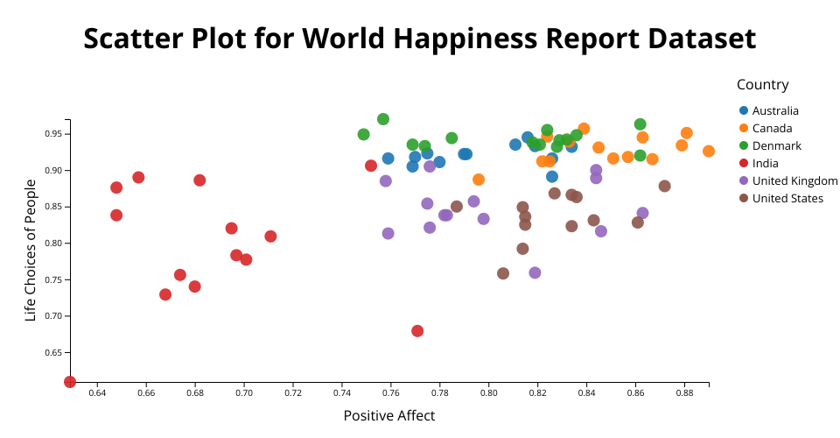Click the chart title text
coord(420,39)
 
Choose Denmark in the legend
coord(776,145)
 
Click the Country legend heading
coord(762,85)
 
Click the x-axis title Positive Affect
coord(389,415)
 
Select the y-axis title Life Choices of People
coord(31,250)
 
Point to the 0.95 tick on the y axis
coord(52,134)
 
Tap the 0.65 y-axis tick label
coord(52,353)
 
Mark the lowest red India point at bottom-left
coord(70,382)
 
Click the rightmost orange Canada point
coord(709,152)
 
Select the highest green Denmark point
coord(383,119)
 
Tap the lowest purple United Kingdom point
coord(535,273)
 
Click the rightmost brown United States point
coord(665,186)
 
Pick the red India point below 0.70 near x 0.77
coord(417,331)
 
